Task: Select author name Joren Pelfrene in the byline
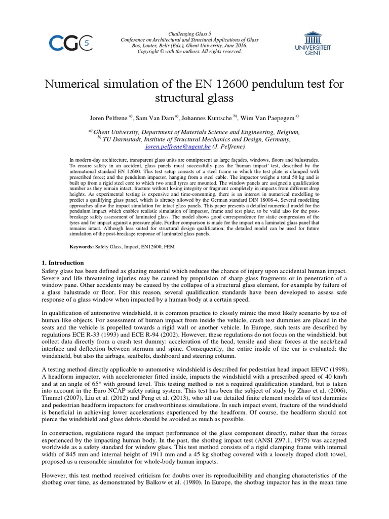pos(109,118)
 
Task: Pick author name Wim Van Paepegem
pos(267,118)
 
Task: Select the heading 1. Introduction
pos(62,263)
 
